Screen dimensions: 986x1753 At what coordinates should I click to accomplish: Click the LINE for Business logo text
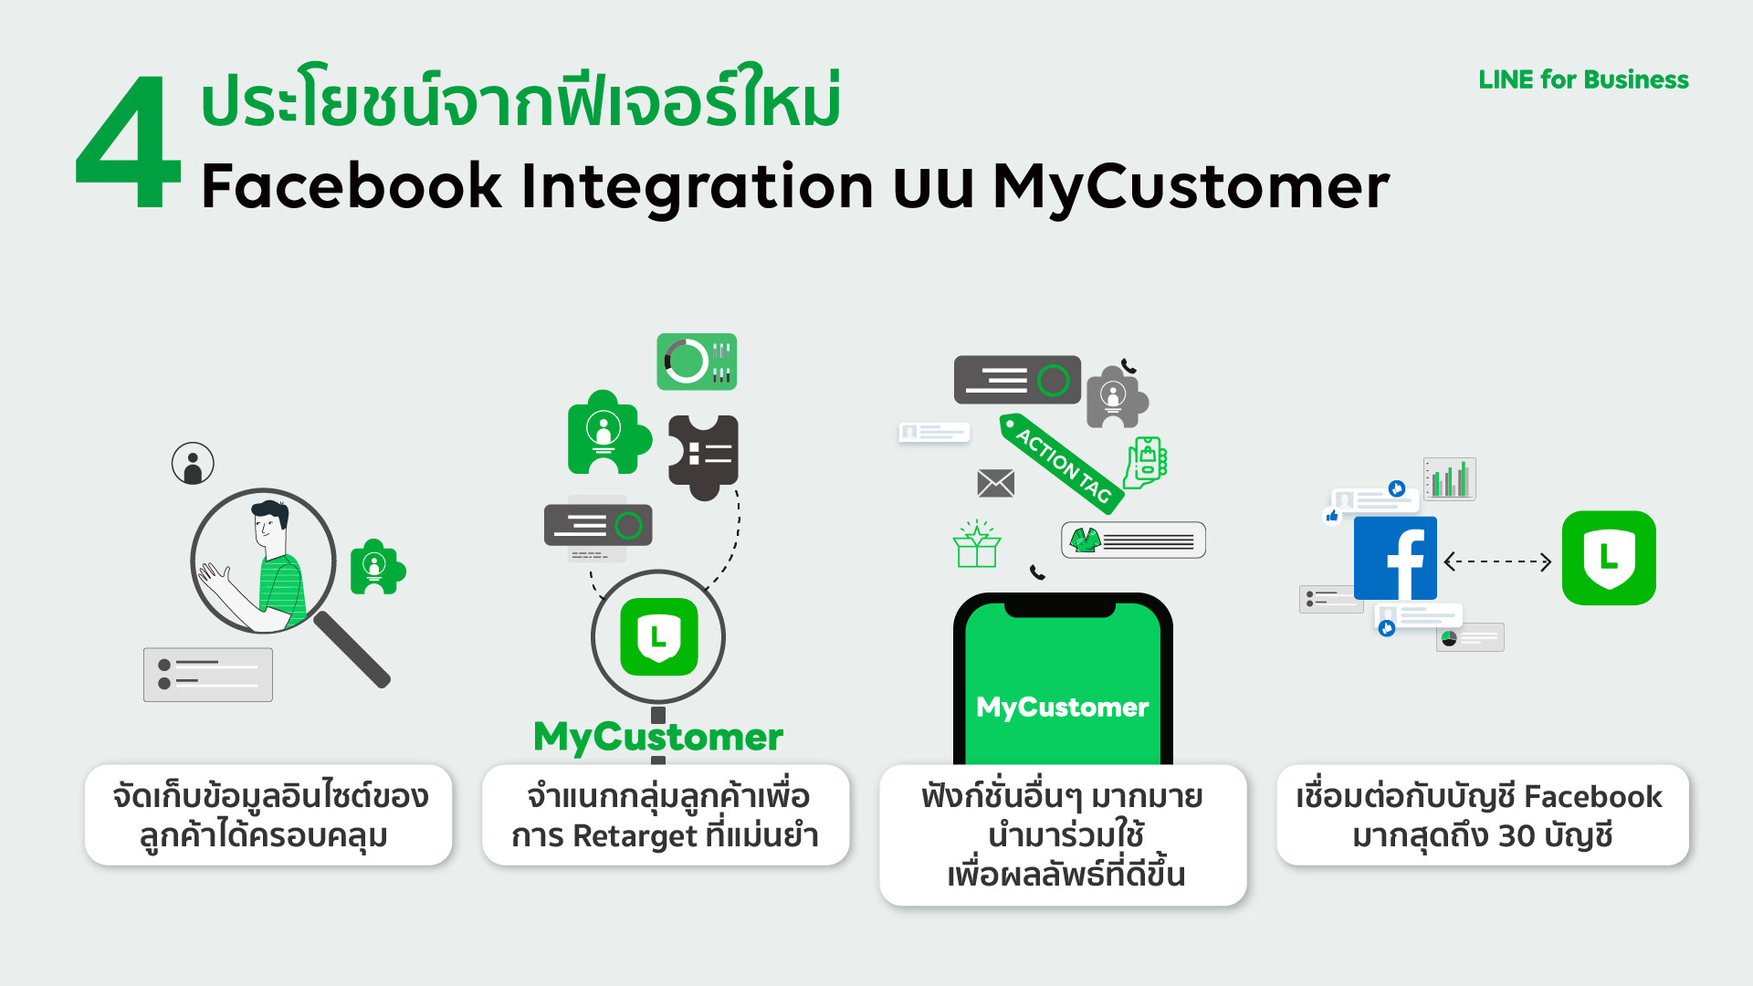click(x=1583, y=80)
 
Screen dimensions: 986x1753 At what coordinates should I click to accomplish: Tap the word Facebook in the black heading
click(x=351, y=187)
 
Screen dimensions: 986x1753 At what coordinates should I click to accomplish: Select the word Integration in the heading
click(x=697, y=187)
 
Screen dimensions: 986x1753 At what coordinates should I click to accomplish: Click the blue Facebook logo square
click(x=1394, y=558)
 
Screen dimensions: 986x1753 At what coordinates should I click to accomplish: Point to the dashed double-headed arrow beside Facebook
click(x=1497, y=561)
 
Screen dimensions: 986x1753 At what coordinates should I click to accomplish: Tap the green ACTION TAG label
click(x=1061, y=464)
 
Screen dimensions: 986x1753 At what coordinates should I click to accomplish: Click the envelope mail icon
click(x=995, y=483)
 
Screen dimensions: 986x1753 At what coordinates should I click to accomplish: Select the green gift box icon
click(x=977, y=545)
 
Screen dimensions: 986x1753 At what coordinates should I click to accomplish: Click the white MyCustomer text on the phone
click(x=1062, y=707)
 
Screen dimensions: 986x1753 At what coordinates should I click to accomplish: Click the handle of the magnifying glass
click(x=352, y=649)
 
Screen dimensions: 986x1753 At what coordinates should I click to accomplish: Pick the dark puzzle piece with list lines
click(x=703, y=455)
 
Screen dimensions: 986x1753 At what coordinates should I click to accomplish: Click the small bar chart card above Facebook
click(x=1450, y=478)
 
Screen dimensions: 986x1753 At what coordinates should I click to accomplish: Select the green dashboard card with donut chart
click(x=697, y=362)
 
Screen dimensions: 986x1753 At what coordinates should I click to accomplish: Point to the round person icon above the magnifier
click(x=193, y=464)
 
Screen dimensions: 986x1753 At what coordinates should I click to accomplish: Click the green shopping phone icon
click(x=1147, y=461)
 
